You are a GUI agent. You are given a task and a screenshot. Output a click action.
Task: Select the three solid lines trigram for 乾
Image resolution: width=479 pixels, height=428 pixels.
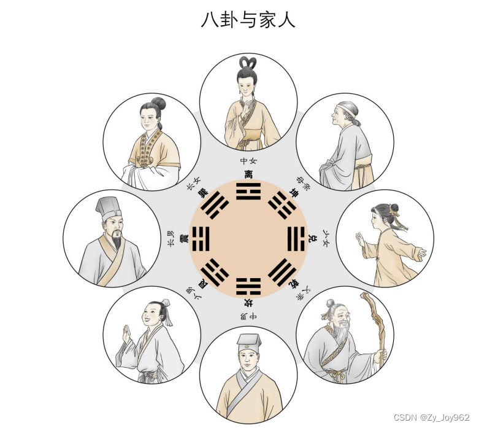click(281, 271)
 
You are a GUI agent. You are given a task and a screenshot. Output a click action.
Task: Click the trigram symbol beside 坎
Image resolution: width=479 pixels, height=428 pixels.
click(248, 286)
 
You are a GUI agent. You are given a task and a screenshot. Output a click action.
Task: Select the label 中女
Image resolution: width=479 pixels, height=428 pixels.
click(248, 161)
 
